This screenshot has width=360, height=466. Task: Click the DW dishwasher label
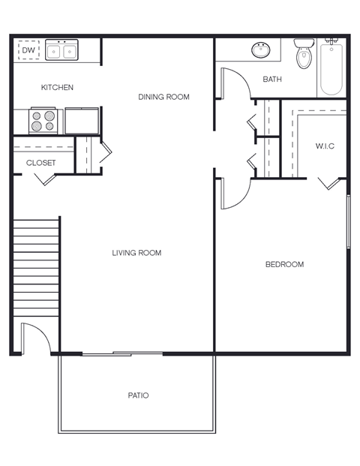pos(28,50)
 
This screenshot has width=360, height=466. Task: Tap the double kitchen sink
pos(62,50)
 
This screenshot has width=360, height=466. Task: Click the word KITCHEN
pos(57,88)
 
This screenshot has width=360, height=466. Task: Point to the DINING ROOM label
pos(163,97)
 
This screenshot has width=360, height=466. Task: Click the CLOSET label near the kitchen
pos(41,163)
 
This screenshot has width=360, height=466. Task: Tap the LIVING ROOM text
pos(136,253)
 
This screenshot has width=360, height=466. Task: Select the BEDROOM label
pos(285,264)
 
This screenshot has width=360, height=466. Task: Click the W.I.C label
pos(325,146)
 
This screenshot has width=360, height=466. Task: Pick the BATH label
pos(272,80)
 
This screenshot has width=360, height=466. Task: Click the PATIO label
pos(138,395)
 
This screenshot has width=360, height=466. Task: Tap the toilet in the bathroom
pos(304,55)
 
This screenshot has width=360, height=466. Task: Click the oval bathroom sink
pos(261,50)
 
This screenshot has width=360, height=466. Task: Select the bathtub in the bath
pos(331,69)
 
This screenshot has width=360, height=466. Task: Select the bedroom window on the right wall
pos(348,221)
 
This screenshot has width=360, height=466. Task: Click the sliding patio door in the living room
pos(122,353)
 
